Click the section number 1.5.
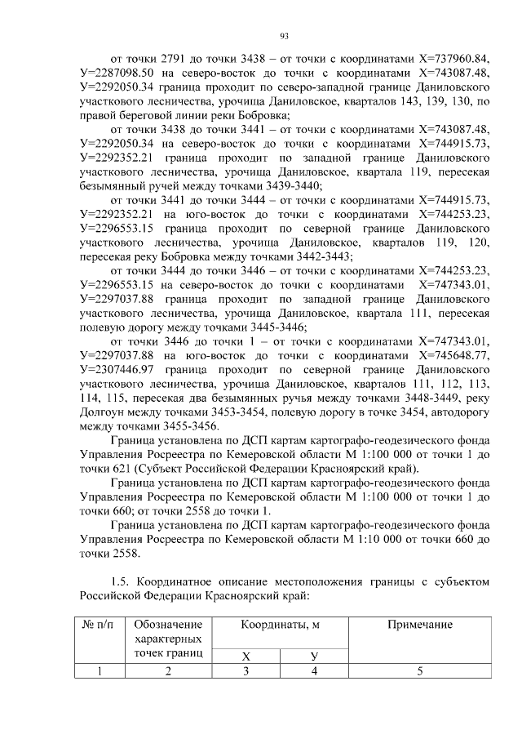120,581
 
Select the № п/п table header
99,624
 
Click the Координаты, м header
279,624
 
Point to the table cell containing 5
420,671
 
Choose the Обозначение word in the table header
169,624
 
